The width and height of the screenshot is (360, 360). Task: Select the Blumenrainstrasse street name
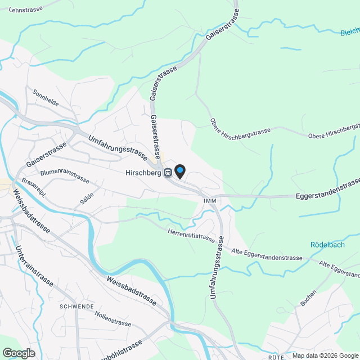coord(65,174)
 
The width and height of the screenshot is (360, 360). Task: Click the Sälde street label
coord(86,198)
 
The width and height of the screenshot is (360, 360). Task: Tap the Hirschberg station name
coord(143,173)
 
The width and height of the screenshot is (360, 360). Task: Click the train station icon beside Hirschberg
coord(168,173)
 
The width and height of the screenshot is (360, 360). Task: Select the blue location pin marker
coord(179,170)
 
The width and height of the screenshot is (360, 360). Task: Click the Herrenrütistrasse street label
coord(191,233)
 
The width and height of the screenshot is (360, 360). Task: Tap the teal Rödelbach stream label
coord(327,245)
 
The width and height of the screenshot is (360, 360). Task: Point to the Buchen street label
coord(308,298)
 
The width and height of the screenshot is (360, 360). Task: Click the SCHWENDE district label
coord(76,307)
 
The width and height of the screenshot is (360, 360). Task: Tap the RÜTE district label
coord(275,357)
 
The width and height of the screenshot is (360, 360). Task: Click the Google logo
coord(18,353)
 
